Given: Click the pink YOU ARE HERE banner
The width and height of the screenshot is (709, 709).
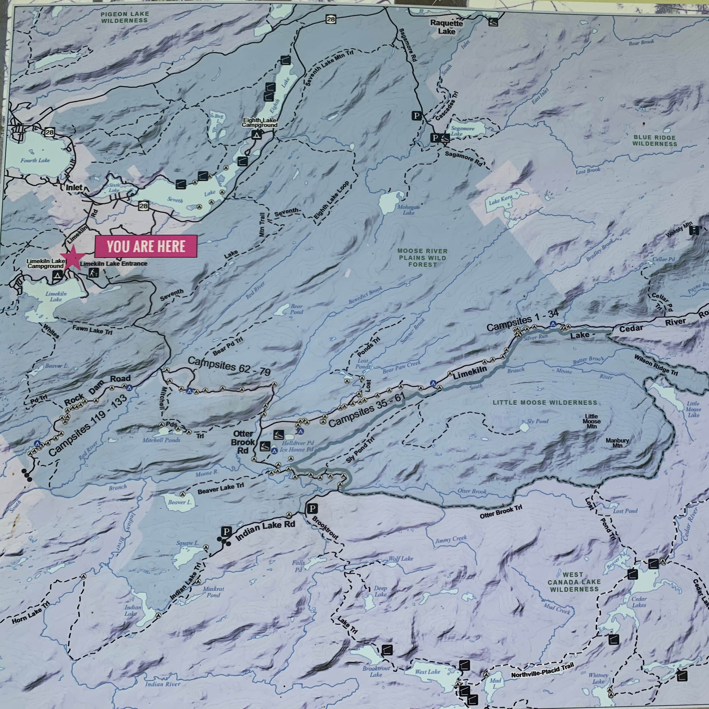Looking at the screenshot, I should click(146, 246).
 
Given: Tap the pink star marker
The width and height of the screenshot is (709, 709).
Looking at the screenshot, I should click(73, 258).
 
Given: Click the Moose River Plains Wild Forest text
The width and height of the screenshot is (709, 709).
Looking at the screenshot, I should click(422, 258).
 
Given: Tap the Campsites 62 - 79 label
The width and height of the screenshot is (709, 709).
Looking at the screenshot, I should click(229, 366).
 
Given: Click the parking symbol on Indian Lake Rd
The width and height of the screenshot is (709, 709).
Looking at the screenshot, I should click(226, 531).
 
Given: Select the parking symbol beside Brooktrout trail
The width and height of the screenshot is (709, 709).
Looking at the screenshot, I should click(312, 509).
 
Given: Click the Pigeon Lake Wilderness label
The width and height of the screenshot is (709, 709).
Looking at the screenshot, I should click(125, 17).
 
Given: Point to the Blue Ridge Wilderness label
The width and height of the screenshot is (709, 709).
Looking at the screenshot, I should click(654, 141).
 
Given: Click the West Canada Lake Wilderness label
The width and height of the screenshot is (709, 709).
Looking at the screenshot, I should click(574, 582).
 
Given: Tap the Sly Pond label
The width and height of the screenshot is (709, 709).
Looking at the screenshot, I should click(538, 421).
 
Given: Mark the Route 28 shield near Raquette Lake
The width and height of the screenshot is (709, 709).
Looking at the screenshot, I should click(331, 19).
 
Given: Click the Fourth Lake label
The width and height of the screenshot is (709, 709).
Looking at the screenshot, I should click(35, 160).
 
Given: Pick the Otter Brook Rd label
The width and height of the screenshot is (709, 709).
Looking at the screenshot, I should click(243, 442).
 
